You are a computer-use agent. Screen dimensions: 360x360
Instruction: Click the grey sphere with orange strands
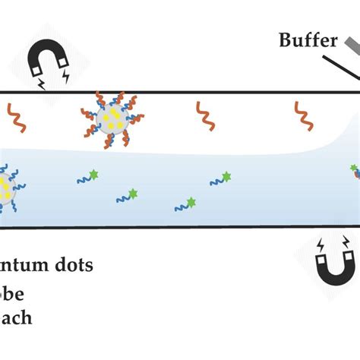(x=111, y=117)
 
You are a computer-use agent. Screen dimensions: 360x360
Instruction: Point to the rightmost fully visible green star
(x=226, y=177)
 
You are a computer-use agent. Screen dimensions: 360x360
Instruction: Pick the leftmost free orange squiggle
(x=14, y=116)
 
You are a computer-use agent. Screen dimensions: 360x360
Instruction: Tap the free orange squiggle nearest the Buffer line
(x=302, y=115)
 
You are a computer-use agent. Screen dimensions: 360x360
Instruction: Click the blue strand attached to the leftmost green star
(x=84, y=180)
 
